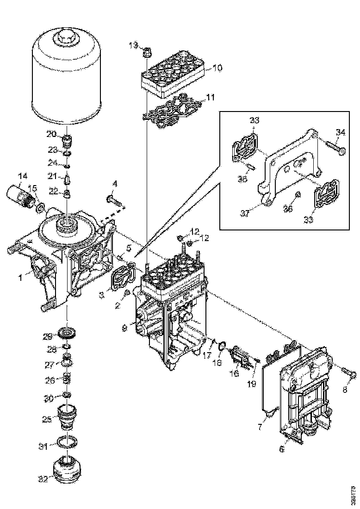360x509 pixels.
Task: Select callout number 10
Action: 217,68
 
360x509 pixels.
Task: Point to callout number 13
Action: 133,45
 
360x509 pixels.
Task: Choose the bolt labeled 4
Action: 113,201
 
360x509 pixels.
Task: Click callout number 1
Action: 20,278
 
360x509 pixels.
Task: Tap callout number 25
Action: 47,420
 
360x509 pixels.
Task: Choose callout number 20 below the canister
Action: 51,134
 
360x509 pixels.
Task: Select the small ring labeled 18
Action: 222,345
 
